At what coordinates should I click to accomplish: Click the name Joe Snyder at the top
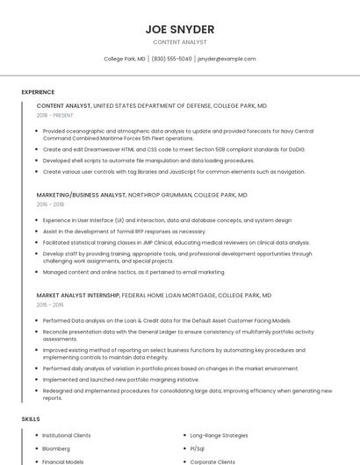[179, 29]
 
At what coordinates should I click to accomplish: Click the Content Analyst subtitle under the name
[179, 42]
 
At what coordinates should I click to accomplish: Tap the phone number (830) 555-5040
[171, 59]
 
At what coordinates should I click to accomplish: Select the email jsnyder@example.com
[227, 59]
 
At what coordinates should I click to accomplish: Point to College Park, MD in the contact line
[125, 59]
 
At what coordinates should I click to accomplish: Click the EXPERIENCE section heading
[38, 91]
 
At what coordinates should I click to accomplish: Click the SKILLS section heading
[31, 419]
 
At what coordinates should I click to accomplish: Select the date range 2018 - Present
[54, 115]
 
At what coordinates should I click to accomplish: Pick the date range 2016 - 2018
[50, 204]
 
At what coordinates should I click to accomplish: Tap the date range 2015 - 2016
[50, 304]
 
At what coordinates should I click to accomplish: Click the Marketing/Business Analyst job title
[82, 195]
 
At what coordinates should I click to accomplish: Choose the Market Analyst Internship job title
[78, 296]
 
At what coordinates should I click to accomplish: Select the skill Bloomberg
[58, 448]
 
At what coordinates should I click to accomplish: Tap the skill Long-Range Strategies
[220, 435]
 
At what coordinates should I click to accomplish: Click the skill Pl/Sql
[198, 448]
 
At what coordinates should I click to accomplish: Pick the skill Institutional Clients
[67, 435]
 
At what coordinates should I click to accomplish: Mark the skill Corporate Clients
[212, 461]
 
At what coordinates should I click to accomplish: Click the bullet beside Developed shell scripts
[36, 161]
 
